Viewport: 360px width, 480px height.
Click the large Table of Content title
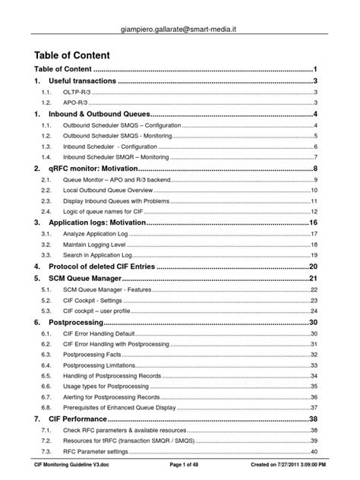[73, 55]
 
